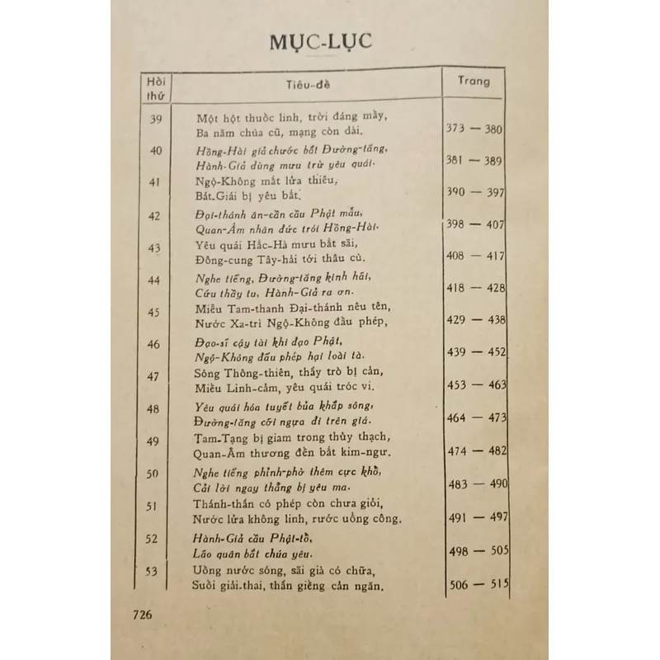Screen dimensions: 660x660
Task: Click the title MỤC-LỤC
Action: pyautogui.click(x=321, y=42)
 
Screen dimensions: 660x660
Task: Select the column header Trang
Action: pyautogui.click(x=474, y=81)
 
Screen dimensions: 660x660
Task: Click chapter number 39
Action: pyautogui.click(x=155, y=120)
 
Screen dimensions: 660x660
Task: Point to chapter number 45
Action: pyautogui.click(x=153, y=312)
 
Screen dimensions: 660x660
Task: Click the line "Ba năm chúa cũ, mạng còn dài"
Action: pyautogui.click(x=280, y=132)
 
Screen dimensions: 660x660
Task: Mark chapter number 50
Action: pyautogui.click(x=153, y=474)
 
